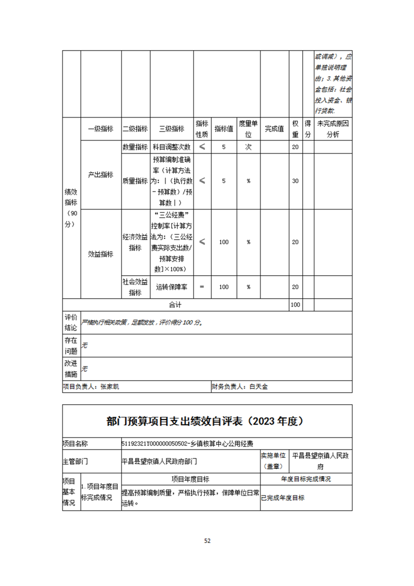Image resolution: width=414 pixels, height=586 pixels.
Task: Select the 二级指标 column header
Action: pos(135,129)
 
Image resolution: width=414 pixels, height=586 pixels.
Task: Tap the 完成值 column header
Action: pos(274,129)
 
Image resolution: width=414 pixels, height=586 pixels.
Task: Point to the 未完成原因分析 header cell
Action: pos(333,129)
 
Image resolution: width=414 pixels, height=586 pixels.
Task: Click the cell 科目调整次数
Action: pos(172,147)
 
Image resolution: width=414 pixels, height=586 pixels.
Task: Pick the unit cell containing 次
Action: pos(249,147)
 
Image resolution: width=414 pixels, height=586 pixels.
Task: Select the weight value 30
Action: pos(295,181)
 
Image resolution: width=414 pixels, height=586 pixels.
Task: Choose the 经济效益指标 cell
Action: pos(135,242)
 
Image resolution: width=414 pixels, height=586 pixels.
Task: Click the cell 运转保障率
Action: pos(172,287)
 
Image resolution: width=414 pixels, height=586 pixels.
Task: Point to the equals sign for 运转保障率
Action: pos(202,287)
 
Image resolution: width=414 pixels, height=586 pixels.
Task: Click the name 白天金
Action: pos(258,387)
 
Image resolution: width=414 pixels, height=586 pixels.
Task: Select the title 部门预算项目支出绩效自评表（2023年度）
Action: pos(207,420)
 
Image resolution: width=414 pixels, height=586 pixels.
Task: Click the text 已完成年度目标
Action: pos(283,498)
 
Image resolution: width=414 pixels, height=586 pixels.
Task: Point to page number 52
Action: pos(207,541)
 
